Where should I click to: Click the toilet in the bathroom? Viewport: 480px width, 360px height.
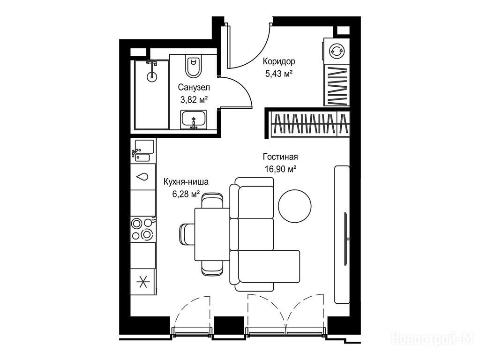click(194, 66)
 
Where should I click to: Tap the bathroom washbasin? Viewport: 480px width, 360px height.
click(194, 120)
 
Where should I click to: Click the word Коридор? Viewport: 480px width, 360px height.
click(279, 61)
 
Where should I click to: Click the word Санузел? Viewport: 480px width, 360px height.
click(194, 88)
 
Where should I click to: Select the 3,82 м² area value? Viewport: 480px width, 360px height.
click(194, 99)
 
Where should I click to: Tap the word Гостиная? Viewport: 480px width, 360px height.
click(280, 157)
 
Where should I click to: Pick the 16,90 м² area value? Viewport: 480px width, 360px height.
click(280, 169)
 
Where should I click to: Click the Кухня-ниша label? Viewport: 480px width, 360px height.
click(186, 182)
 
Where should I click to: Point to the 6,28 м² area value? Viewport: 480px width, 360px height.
click(186, 194)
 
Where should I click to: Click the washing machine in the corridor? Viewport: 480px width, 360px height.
click(337, 51)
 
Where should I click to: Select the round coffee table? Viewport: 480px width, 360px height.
click(294, 206)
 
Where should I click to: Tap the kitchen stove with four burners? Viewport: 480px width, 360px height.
click(143, 230)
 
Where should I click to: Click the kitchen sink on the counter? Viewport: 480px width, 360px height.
click(143, 150)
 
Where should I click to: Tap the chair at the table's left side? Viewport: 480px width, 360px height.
click(187, 234)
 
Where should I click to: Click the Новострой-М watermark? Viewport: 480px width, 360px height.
click(435, 339)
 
